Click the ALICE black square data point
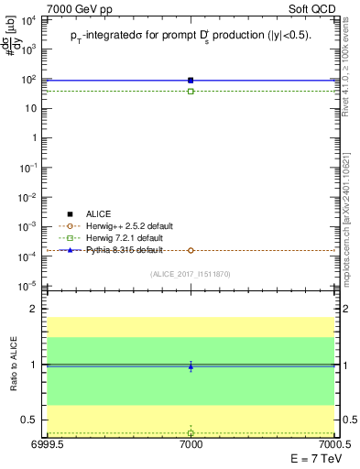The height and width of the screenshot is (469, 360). point(191,81)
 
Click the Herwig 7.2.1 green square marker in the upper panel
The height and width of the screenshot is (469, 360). point(191,92)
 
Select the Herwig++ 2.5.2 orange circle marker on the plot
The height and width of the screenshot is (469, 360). point(191,250)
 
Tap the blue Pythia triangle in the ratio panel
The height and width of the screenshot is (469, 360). point(191,366)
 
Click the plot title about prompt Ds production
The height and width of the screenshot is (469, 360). point(191,36)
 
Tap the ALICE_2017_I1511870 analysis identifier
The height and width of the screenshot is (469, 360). point(191,274)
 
